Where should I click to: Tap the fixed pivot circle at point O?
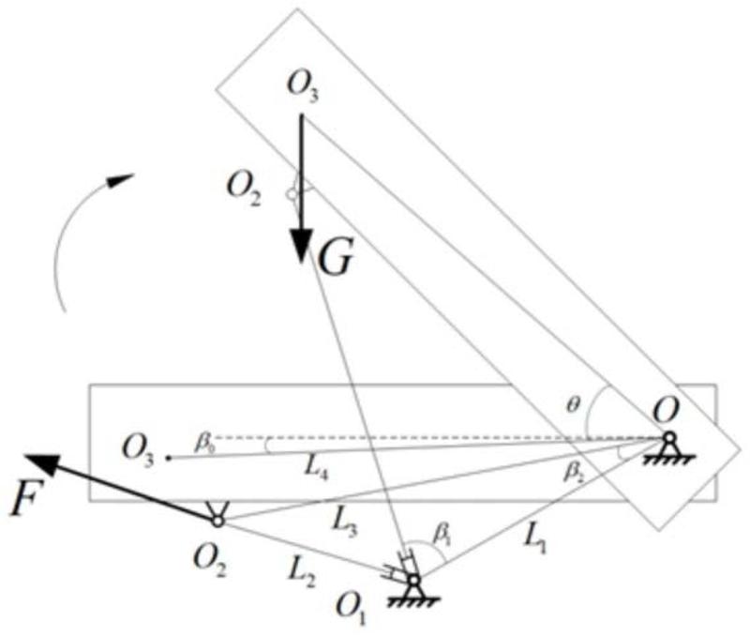point(668,438)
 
